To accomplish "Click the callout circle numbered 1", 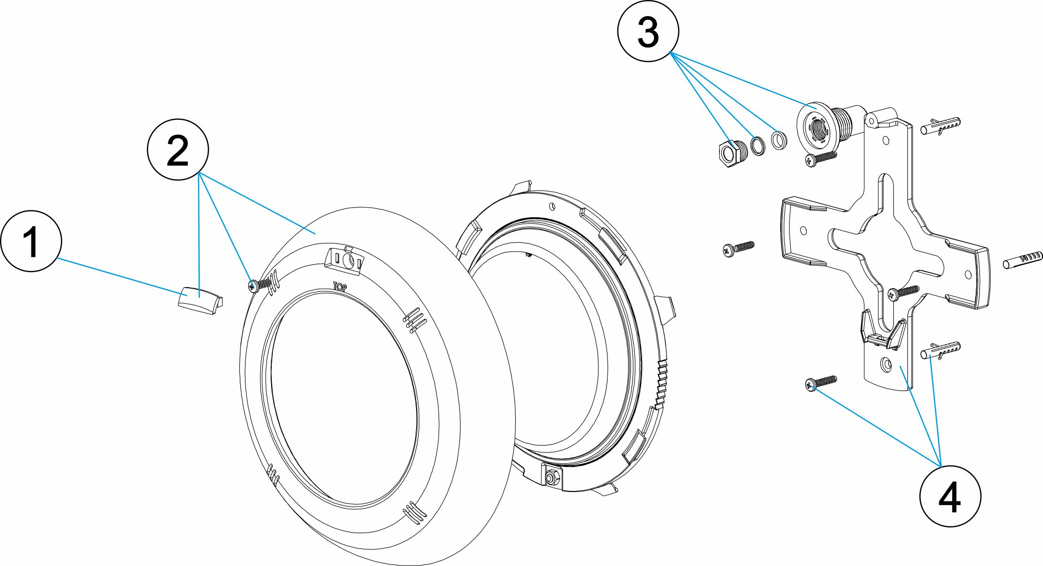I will coord(31,241).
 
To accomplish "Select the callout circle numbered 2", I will coord(178,150).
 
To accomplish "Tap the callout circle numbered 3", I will coord(648,31).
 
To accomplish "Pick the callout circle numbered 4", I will coord(950,497).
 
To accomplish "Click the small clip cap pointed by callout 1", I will coord(200,303).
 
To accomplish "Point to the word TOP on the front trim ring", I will coord(339,286).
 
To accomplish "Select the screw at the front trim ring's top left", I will coord(261,285).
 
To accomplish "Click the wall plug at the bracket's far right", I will coord(1023,260).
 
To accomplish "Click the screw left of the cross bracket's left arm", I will coord(738,248).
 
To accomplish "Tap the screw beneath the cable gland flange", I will coord(820,158).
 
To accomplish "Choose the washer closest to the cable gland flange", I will coord(779,140).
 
